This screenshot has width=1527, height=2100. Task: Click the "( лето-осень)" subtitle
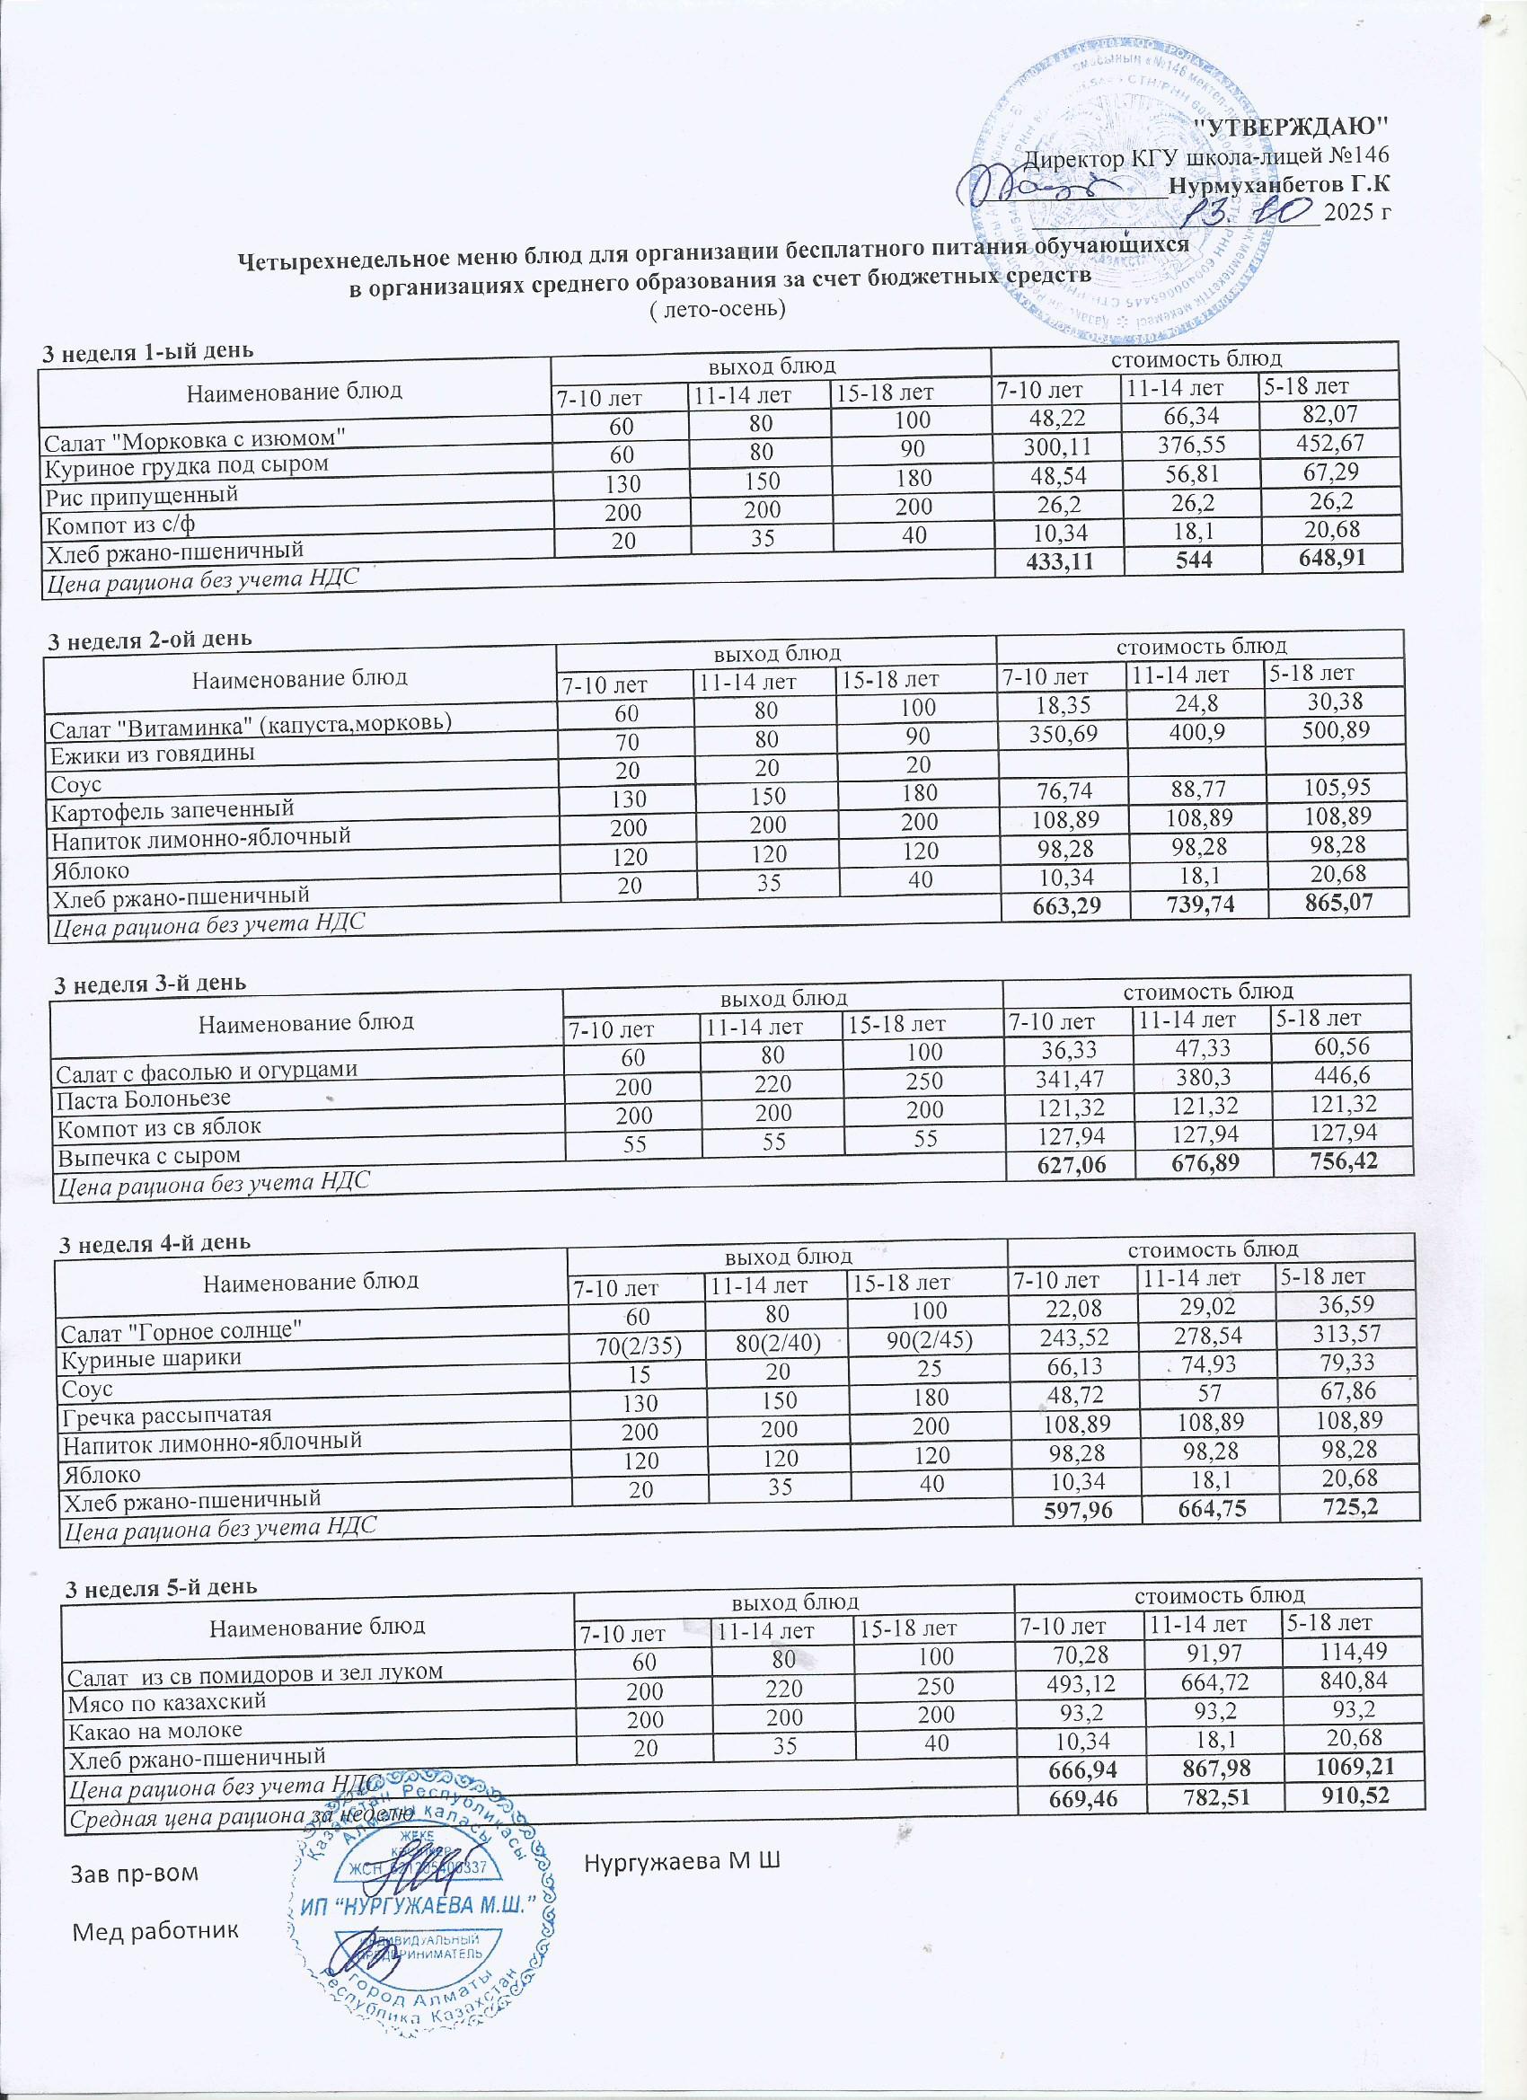(719, 307)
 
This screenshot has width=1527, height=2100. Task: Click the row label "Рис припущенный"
(142, 494)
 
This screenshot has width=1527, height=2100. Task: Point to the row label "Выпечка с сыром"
(149, 1156)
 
